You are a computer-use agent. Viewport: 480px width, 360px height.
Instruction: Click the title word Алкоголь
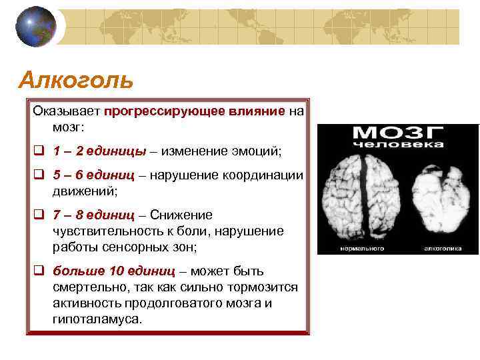pos(76,80)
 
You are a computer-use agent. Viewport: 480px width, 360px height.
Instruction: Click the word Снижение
pos(181,215)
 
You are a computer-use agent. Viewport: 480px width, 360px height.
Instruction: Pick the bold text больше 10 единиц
pos(114,271)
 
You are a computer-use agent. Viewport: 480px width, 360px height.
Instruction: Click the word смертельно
pos(91,287)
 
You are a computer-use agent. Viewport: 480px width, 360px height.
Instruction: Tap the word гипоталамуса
pos(97,319)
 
